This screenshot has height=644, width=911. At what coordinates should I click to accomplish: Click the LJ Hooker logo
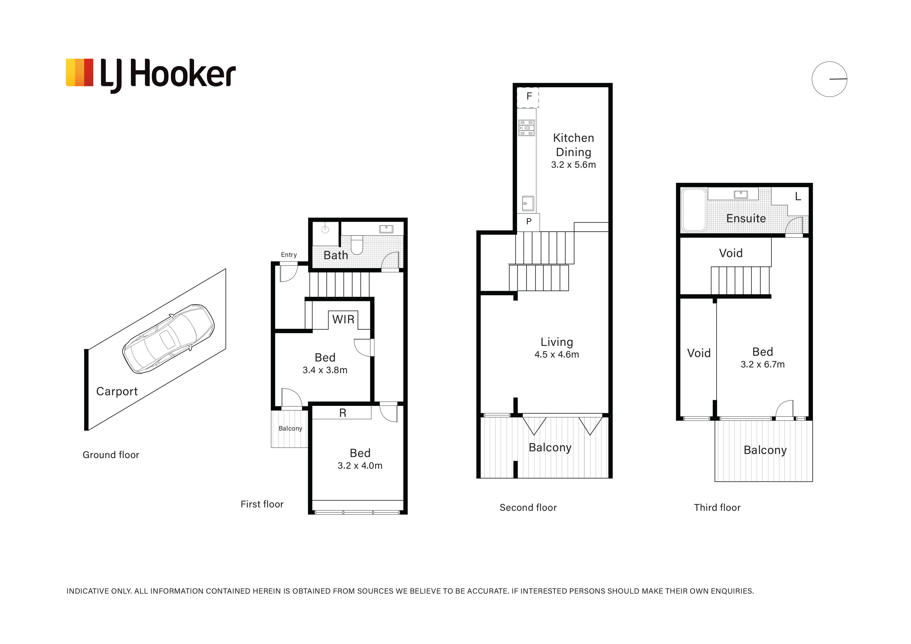point(151,75)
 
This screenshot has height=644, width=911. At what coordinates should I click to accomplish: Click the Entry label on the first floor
point(289,255)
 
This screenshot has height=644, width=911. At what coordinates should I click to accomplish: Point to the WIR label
point(343,319)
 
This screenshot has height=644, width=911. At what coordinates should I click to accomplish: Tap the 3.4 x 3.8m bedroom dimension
point(325,370)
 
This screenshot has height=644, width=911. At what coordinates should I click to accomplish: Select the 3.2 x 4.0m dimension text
point(360,466)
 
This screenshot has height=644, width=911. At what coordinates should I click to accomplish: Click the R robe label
point(343,413)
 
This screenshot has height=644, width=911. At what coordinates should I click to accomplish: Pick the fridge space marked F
point(528,97)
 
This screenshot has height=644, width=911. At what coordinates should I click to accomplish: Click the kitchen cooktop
point(526,128)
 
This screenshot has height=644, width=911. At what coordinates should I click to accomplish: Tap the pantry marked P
point(528,222)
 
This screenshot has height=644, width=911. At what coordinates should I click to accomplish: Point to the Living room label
point(557,342)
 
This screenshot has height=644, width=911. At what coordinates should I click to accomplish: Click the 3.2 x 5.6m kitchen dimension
point(573,165)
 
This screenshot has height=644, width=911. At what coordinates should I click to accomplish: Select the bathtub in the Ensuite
point(694,210)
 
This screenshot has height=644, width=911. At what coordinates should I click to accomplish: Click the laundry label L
point(798,196)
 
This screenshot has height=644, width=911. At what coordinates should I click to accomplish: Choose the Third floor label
point(717,507)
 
